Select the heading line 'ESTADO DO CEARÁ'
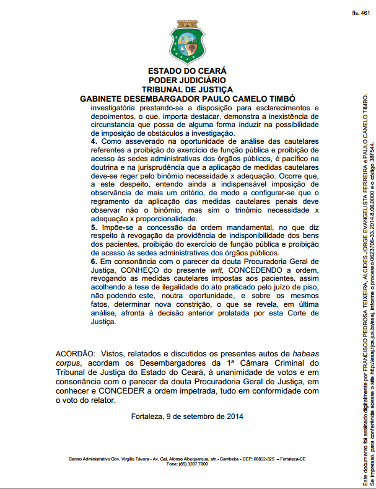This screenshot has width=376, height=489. click(187, 71)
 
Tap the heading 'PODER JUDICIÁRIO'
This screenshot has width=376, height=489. click(187, 80)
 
